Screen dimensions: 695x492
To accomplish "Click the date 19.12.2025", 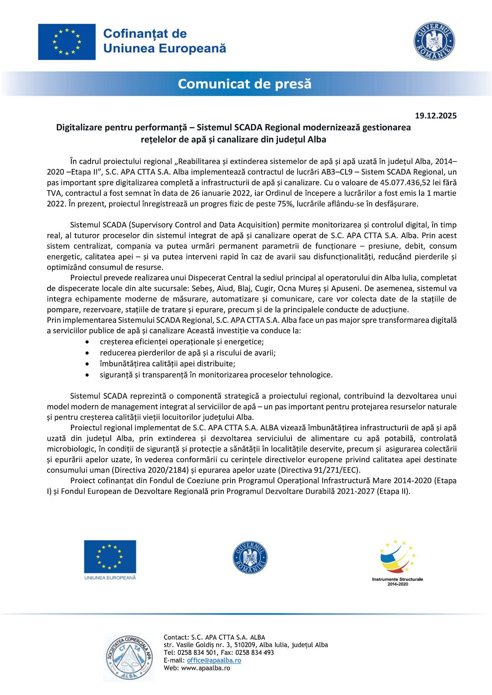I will pos(435,116).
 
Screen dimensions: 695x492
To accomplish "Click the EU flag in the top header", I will pos(67,42).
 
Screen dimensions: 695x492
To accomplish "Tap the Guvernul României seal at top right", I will pos(434,41).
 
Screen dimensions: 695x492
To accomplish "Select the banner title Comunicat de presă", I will pos(245,84).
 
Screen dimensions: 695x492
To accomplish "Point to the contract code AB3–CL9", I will pos(335,172).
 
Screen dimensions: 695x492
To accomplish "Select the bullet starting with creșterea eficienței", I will pos(182,342).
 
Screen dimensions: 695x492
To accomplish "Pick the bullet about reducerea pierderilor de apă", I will pos(188,353).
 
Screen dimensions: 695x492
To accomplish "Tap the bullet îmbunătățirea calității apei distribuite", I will pos(167,364).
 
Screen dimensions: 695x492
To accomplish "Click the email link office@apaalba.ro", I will pos(214,660).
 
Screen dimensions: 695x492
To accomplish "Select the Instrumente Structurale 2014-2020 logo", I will pos(397,562).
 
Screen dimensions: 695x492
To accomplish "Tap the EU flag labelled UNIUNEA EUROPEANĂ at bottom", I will pos(110,559).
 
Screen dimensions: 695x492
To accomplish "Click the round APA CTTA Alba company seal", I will pos(129,657).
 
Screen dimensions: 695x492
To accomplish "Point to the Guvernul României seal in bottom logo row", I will pos(250,558).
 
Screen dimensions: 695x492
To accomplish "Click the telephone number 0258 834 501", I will pos(197,652).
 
